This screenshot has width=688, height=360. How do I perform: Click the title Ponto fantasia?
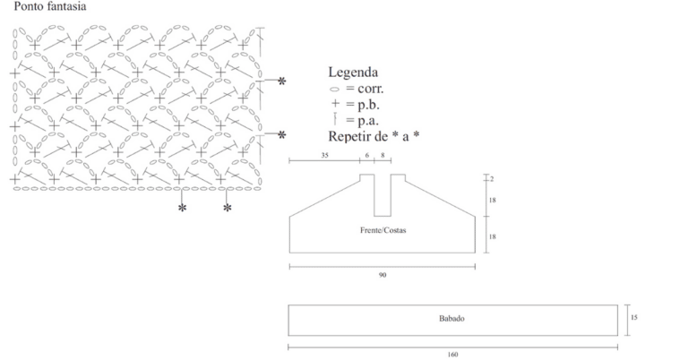point(50,6)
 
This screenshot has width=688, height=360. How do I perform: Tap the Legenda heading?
point(353,73)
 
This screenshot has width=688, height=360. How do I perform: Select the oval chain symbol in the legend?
point(334,90)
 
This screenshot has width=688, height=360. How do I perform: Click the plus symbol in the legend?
point(335,104)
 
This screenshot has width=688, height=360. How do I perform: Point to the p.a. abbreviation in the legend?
point(367,121)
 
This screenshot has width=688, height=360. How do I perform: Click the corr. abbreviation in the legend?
point(370,89)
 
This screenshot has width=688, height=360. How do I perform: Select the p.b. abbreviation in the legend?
point(368,105)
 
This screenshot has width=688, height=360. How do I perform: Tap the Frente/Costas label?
point(383,230)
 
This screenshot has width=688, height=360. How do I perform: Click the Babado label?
point(451,319)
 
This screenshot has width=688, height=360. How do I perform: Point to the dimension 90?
point(383,275)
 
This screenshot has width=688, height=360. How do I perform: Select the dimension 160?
point(452,355)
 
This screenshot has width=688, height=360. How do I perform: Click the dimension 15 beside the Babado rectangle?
point(633,318)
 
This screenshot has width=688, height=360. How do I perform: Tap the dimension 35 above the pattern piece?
point(324,155)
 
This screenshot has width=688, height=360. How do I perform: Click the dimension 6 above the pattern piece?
point(367,155)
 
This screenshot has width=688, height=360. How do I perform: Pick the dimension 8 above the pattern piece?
point(383,155)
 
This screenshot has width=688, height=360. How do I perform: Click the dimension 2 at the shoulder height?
point(492,179)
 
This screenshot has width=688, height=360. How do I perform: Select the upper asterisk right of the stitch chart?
point(281,81)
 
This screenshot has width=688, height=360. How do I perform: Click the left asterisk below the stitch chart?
point(182,208)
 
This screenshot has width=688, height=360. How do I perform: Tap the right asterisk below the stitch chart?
point(227,208)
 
